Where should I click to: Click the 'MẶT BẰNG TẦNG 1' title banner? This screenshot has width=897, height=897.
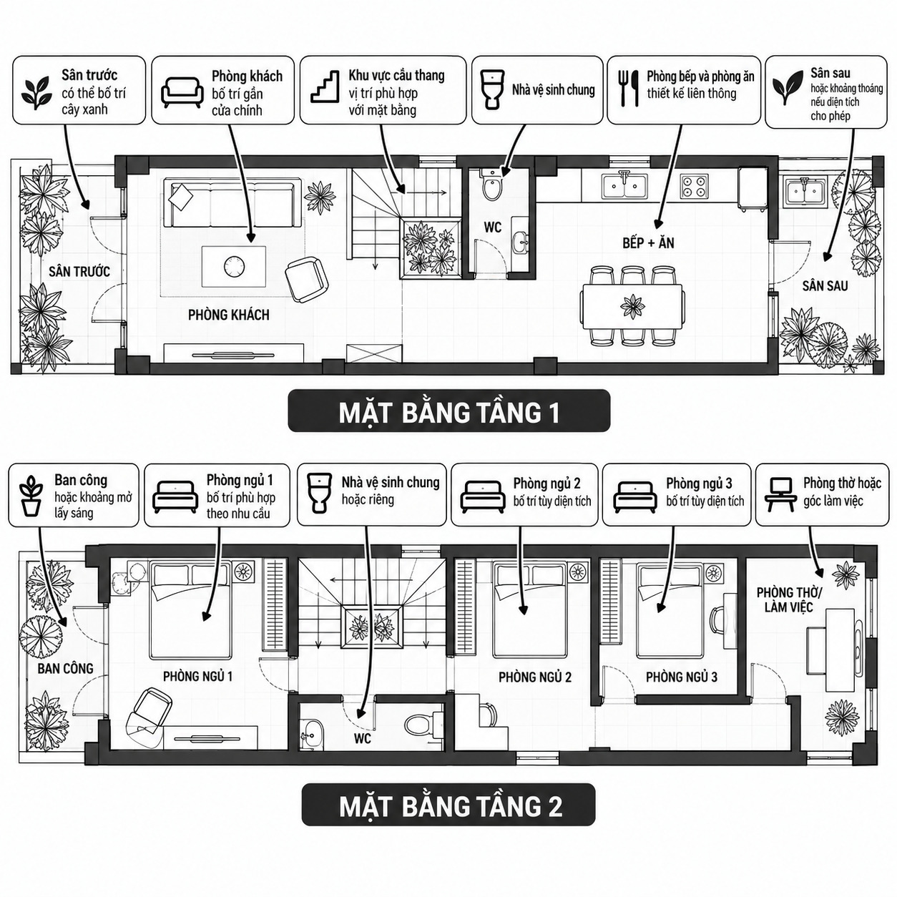[448, 411]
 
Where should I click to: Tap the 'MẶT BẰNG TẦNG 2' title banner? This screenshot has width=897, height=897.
[448, 807]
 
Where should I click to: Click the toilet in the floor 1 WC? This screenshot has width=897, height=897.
[491, 185]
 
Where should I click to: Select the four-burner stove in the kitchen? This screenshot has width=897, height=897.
[694, 186]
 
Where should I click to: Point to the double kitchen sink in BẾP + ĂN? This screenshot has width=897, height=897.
[623, 186]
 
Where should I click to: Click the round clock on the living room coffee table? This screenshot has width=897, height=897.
[233, 266]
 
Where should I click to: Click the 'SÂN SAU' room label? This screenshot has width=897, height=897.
[824, 286]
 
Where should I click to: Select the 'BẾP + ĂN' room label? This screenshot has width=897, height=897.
[648, 242]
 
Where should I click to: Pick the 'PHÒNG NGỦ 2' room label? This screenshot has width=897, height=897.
[535, 677]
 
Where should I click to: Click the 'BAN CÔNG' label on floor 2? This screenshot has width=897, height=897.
[66, 669]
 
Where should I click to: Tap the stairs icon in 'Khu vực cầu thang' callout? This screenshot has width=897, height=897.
[325, 86]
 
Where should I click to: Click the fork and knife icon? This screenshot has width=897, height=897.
[628, 88]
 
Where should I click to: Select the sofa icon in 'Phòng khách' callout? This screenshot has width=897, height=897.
[182, 92]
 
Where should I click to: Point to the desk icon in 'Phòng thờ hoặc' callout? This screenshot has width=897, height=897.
[779, 495]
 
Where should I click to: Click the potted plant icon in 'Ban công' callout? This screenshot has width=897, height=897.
[31, 495]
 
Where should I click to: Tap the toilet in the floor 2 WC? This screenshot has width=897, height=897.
[421, 725]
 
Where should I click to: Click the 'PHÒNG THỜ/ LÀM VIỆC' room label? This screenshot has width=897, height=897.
[789, 599]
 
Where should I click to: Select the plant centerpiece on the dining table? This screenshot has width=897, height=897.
[632, 307]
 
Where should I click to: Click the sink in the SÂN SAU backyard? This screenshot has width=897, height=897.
[802, 191]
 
